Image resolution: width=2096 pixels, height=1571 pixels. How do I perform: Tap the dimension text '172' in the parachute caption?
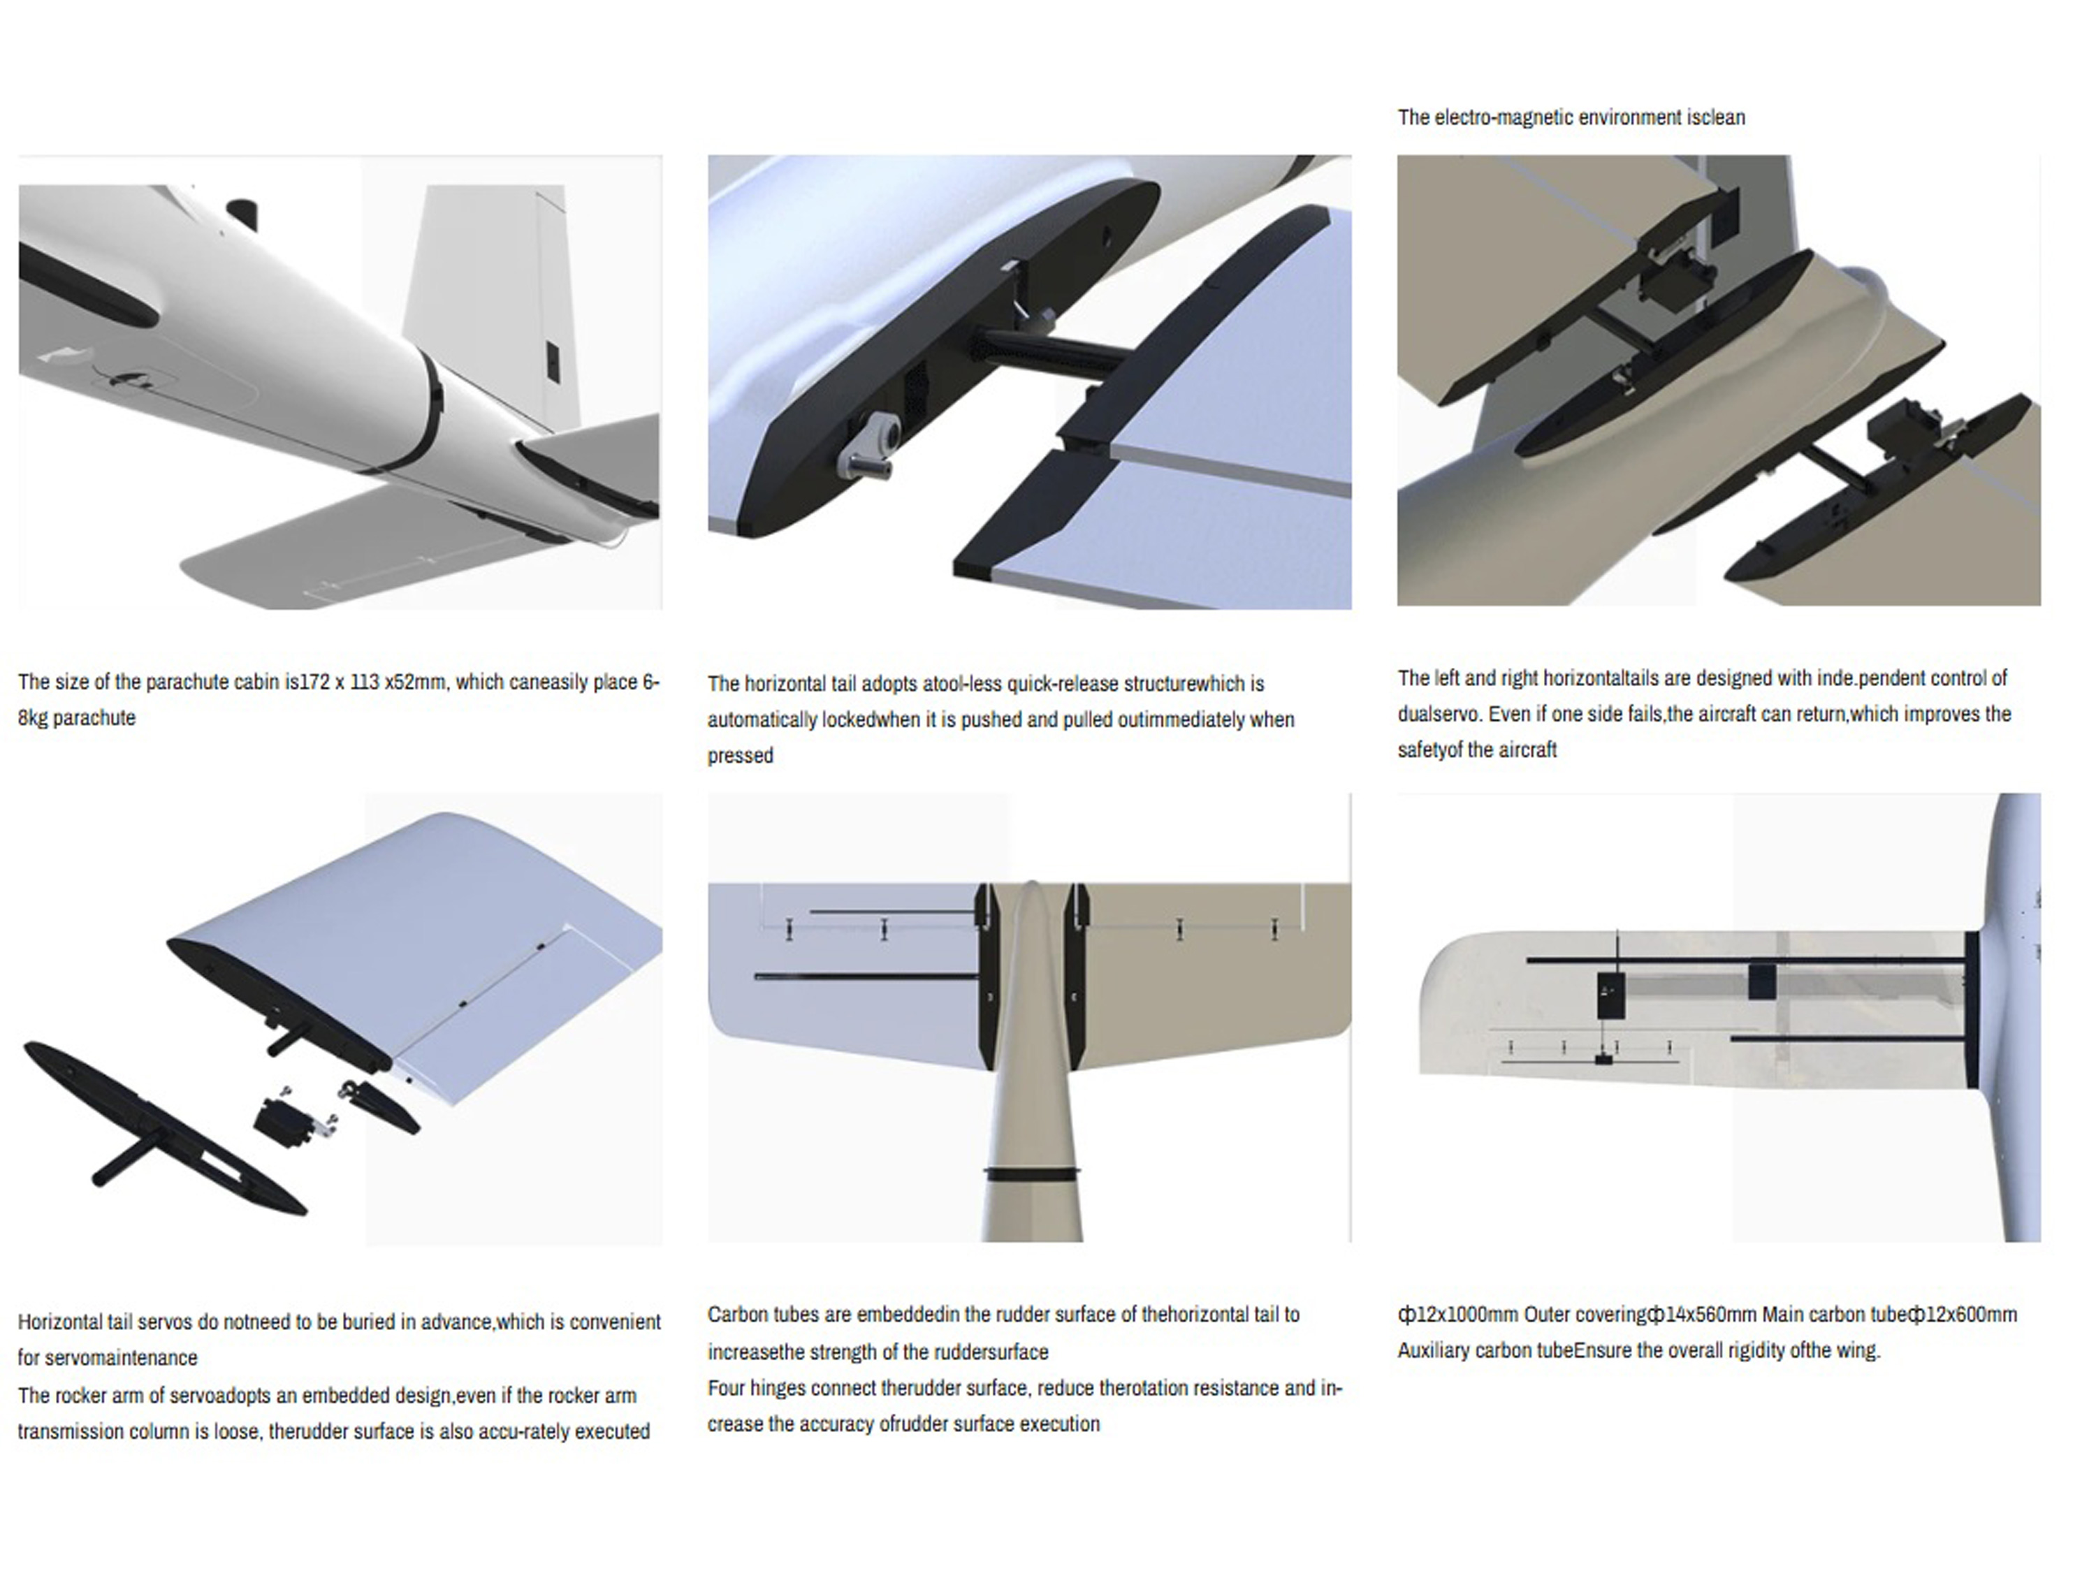[314, 682]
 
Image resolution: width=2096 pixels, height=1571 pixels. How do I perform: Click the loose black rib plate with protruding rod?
[161, 1127]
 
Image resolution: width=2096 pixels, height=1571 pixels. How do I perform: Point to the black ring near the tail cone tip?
[1032, 1173]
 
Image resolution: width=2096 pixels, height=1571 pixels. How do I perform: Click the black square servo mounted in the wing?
[1612, 995]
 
